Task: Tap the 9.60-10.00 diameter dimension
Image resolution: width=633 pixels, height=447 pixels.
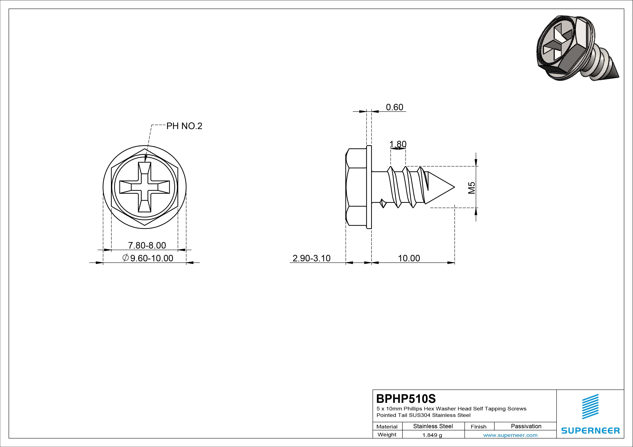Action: (152, 258)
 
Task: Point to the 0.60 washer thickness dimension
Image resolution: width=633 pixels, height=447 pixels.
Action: (394, 107)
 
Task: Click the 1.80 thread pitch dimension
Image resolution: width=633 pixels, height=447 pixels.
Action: (398, 144)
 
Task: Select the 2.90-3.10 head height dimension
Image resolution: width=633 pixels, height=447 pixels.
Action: (311, 258)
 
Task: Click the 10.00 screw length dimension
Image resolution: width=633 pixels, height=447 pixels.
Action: (409, 258)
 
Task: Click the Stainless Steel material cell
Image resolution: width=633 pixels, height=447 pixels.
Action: (433, 426)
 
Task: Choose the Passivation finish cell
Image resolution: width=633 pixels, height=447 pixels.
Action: (526, 426)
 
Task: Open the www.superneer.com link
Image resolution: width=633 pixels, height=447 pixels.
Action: (510, 435)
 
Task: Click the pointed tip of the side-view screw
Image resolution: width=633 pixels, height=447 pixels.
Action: (454, 187)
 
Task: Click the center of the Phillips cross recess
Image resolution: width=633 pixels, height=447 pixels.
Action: (145, 187)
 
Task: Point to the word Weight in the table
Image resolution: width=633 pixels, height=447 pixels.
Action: (387, 435)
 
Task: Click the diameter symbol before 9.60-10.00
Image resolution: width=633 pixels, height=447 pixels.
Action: (125, 258)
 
